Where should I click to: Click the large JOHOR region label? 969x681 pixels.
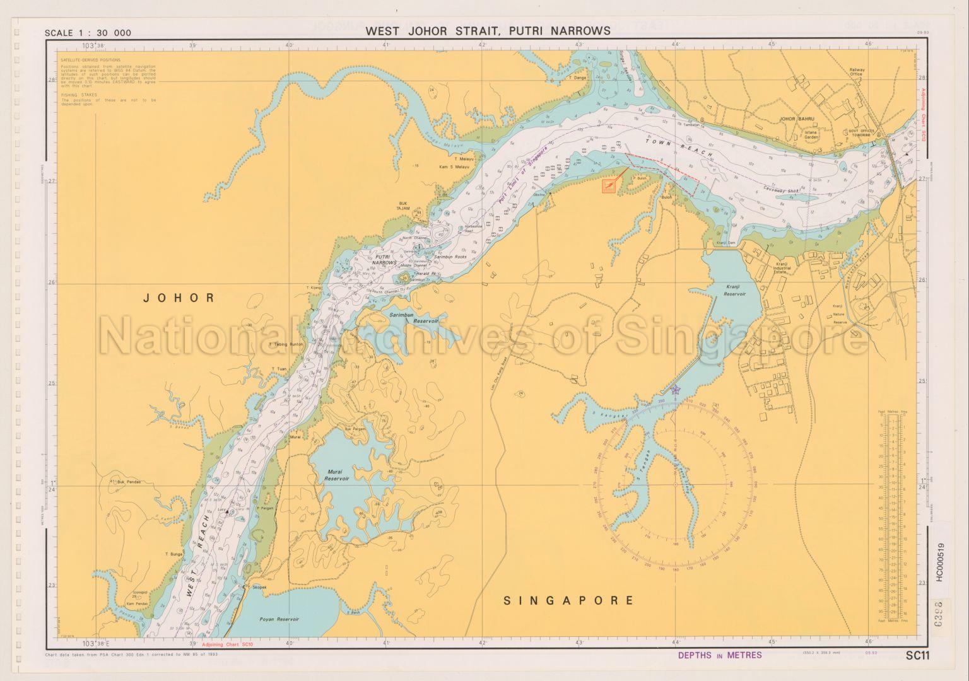179,298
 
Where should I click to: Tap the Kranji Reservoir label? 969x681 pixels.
735,291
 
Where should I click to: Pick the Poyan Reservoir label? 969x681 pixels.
279,619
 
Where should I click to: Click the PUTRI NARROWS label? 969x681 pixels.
385,259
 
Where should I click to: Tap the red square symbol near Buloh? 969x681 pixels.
609,186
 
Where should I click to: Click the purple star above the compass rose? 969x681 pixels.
676,390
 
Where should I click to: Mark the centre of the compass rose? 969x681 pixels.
675,484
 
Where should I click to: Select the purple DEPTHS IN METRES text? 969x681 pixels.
719,655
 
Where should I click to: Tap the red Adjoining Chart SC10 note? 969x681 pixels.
227,645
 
